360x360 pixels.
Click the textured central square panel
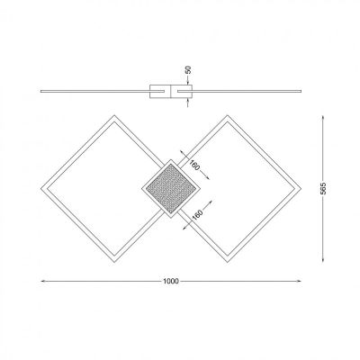coord(171,186)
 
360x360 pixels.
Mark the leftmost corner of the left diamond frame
coord(42,187)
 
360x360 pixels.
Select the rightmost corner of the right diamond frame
coord(300,187)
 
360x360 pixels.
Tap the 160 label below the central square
coord(196,216)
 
